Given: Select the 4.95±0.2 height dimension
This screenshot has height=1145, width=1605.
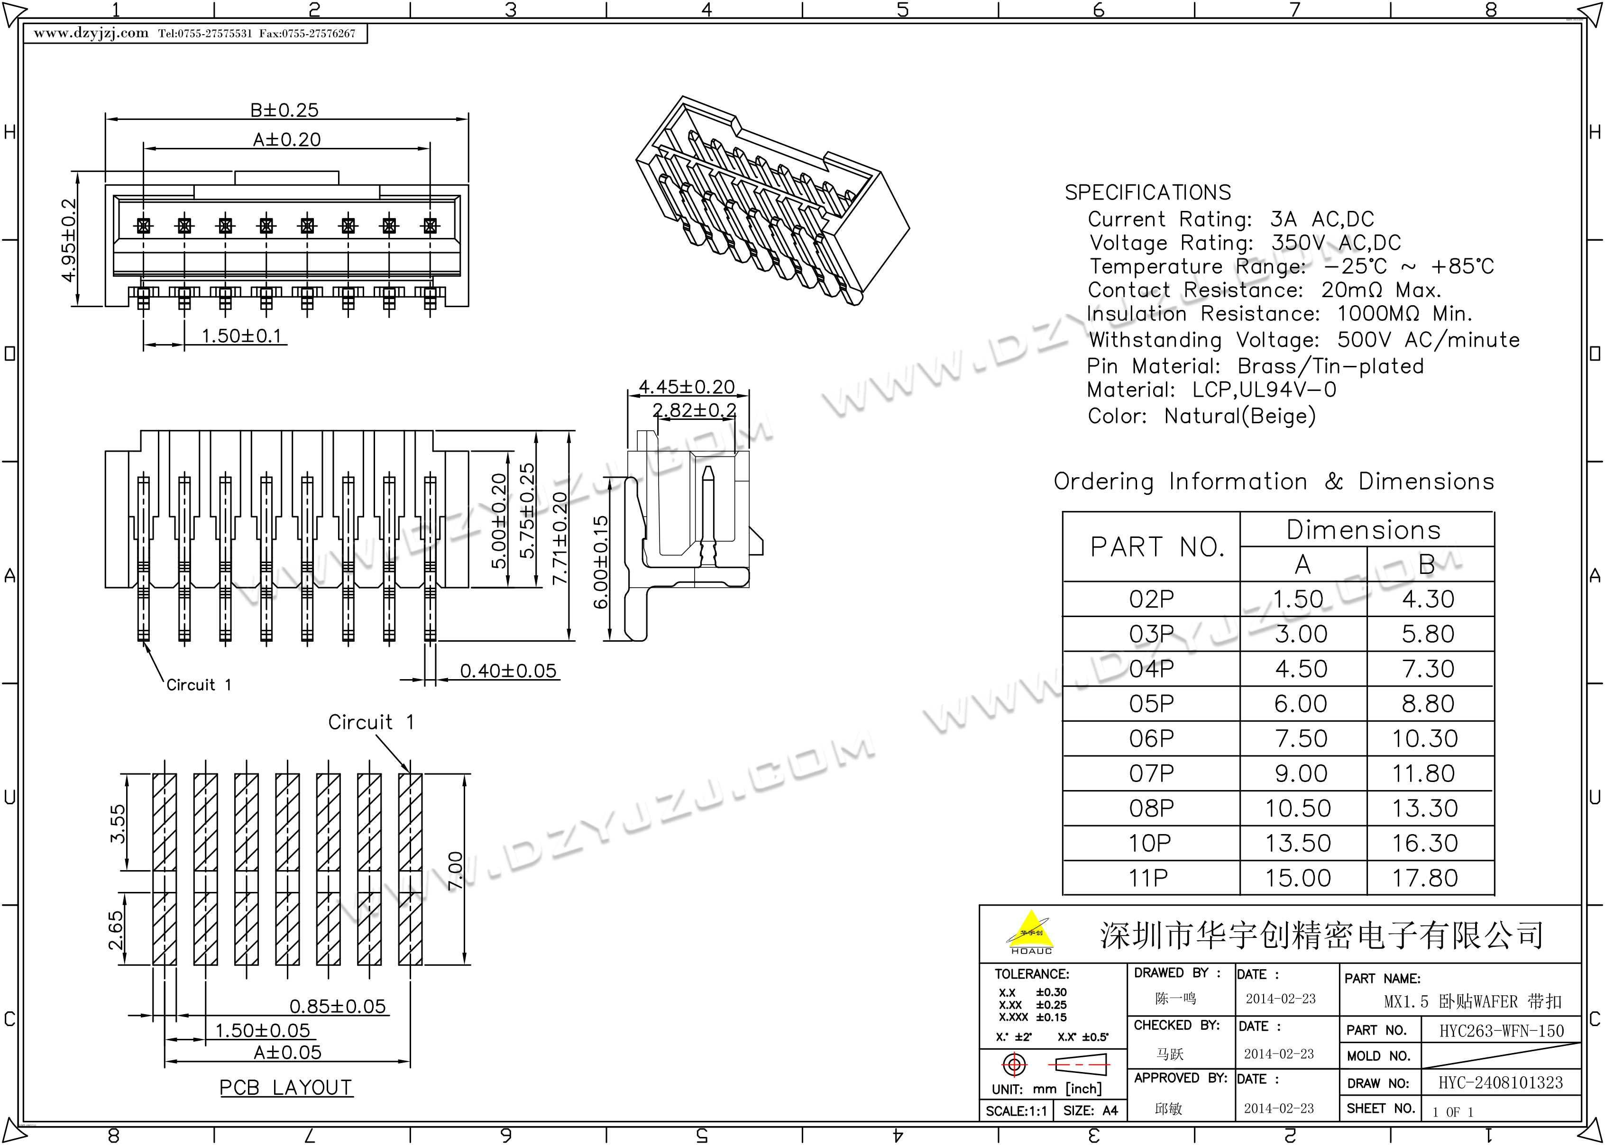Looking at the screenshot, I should tap(68, 240).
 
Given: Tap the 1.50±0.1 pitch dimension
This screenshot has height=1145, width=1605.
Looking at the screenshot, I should tap(241, 336).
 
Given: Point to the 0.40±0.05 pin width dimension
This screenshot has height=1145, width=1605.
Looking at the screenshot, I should tap(508, 671).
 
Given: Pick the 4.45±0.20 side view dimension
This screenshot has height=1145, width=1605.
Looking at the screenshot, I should tap(686, 386).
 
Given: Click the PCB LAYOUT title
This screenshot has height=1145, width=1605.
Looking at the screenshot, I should tap(285, 1087).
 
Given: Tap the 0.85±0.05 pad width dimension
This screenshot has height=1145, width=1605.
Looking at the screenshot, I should tap(338, 1006).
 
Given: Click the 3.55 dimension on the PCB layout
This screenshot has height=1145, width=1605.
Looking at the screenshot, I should tap(117, 824).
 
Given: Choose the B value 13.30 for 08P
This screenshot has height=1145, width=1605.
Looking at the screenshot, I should tap(1424, 808).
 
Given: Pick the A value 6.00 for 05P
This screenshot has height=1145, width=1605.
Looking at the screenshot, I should tap(1301, 704).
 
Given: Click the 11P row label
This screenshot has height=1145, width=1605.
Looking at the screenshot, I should tap(1149, 878).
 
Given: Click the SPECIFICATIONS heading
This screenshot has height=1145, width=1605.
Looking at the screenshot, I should tap(1147, 192).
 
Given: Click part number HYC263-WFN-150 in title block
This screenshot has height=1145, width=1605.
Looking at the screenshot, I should tap(1501, 1031).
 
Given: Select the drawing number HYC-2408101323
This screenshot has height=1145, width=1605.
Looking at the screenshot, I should tap(1501, 1082).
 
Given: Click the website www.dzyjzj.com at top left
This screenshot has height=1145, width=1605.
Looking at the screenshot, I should tap(91, 33).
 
